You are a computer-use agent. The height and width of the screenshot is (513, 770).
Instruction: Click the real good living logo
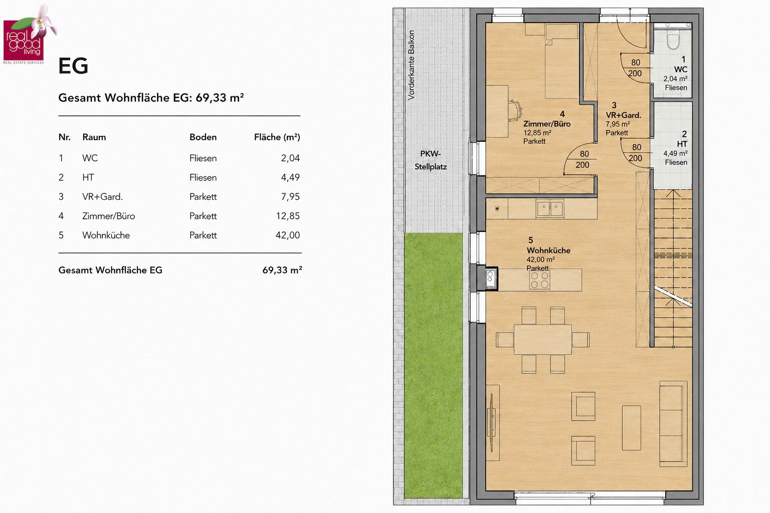[30, 35]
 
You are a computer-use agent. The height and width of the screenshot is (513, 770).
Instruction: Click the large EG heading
[73, 66]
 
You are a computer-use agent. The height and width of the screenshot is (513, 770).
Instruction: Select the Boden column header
[203, 137]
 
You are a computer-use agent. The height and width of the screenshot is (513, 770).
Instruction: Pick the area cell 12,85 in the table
[288, 216]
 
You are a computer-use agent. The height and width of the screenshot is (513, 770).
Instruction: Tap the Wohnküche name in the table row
[106, 235]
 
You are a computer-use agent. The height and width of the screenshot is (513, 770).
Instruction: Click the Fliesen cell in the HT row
[203, 178]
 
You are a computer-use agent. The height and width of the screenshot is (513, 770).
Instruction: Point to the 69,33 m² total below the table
[282, 270]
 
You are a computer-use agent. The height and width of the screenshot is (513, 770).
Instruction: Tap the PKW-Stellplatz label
[431, 160]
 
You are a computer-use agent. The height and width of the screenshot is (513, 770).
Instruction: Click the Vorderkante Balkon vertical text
[411, 65]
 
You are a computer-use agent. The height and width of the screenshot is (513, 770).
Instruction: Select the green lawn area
[433, 365]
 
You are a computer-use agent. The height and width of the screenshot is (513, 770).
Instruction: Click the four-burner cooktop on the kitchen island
[539, 280]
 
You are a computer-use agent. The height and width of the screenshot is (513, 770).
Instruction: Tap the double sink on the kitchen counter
[550, 208]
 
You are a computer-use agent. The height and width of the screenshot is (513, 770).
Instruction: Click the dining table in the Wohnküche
[543, 339]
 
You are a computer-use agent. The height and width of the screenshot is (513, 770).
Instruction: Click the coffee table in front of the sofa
[632, 428]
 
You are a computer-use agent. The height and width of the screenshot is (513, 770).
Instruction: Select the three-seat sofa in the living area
[673, 424]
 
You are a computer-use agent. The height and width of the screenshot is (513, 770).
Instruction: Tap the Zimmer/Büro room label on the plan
[546, 124]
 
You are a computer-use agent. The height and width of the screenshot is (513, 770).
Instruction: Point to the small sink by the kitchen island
[491, 279]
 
